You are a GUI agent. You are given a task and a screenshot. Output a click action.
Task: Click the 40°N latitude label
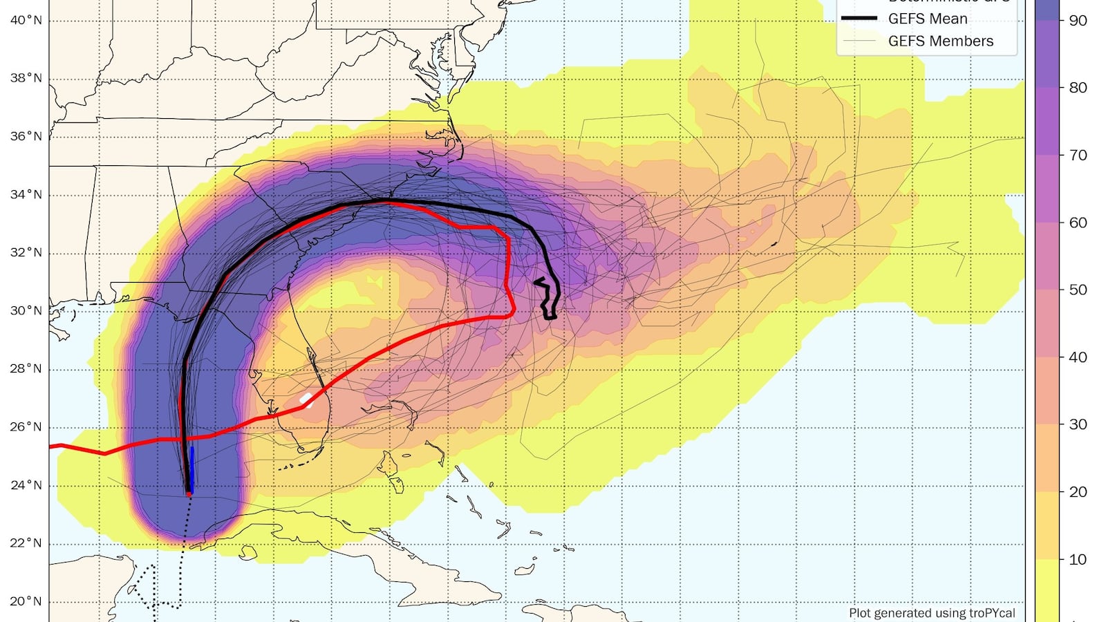tap(26, 20)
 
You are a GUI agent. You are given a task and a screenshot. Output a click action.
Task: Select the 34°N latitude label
tap(26, 194)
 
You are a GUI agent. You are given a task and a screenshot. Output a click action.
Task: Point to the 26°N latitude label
tap(26, 426)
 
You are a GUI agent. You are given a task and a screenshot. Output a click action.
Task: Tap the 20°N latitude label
tap(26, 601)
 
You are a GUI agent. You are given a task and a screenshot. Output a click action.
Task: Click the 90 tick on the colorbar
tap(1078, 21)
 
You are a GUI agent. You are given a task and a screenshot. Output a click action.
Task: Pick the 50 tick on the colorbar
tap(1078, 290)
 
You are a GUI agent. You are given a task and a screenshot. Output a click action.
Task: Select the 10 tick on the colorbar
tap(1078, 559)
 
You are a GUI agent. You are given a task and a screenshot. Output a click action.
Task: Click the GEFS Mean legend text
tap(927, 19)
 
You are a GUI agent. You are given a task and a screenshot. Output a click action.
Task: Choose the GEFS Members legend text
tap(940, 41)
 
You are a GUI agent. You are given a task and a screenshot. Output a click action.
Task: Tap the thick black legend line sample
tap(859, 19)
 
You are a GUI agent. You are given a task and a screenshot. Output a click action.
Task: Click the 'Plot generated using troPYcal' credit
tap(932, 612)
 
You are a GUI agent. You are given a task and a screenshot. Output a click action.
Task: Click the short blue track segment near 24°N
tap(191, 470)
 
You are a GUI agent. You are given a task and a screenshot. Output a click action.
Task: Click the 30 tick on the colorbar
tap(1078, 424)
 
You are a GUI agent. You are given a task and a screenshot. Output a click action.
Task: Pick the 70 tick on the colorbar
tap(1078, 155)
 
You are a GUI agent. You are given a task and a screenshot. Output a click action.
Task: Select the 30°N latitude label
tap(26, 310)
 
